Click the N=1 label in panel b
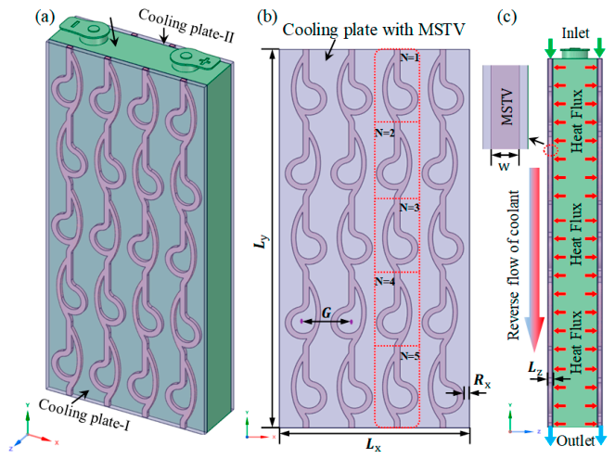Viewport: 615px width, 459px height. (409, 57)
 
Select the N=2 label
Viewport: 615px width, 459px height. (385, 133)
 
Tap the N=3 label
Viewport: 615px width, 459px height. (409, 208)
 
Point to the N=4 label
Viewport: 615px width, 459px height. (385, 282)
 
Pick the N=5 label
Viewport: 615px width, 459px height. (410, 356)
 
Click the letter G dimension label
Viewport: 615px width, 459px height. (327, 312)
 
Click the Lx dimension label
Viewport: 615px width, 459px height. (373, 445)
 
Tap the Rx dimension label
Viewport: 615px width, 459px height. (482, 380)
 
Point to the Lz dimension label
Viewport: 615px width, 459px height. (535, 368)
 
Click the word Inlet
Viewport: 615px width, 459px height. (575, 33)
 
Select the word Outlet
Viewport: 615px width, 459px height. (575, 441)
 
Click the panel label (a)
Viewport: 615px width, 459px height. (45, 17)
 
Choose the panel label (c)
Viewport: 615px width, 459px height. (507, 17)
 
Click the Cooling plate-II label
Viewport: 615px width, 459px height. (186, 26)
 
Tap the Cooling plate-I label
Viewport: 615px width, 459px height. (83, 414)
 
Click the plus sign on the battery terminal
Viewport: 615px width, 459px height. (204, 61)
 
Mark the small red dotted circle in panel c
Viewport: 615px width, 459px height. (550, 149)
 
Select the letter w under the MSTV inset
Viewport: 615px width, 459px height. (504, 166)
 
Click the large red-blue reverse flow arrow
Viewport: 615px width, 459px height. (534, 260)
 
